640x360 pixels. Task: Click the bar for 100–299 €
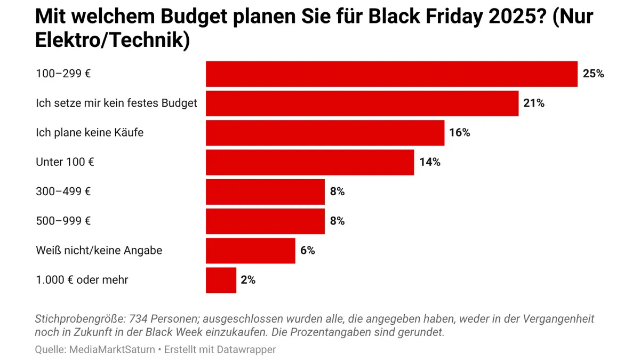tap(391, 74)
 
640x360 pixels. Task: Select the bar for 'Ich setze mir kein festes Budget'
tap(362, 103)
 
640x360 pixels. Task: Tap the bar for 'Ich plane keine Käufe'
tap(325, 133)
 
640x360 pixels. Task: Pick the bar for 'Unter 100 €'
tap(310, 162)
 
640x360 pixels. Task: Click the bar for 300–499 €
tap(265, 192)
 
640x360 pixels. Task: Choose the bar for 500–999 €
tap(265, 221)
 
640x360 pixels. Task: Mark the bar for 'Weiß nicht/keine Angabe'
tap(250, 251)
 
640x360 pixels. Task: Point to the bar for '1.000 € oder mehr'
tap(221, 280)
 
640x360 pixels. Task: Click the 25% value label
tap(593, 74)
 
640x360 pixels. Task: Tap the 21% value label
tap(534, 103)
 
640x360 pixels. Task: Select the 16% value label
tap(459, 133)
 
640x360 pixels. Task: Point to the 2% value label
tap(248, 280)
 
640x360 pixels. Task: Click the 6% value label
tap(307, 251)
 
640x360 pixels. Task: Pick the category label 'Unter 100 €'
tap(65, 162)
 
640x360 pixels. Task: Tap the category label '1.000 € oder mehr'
tap(82, 280)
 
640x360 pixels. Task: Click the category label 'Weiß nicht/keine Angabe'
tap(99, 251)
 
